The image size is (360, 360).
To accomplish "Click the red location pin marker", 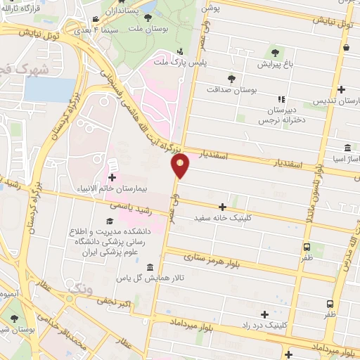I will tap(180, 166).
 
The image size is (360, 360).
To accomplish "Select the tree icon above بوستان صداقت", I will tap(232, 78).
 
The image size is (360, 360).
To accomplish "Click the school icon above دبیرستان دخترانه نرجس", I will tap(281, 100).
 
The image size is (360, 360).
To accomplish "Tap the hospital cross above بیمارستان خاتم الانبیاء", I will tap(112, 176).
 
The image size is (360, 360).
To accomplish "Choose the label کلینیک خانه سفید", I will tap(224, 218).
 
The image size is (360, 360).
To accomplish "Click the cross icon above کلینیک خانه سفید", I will tap(223, 207).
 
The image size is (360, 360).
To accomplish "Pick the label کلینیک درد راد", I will tap(266, 325).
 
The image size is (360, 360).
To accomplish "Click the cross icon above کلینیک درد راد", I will tap(265, 314).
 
